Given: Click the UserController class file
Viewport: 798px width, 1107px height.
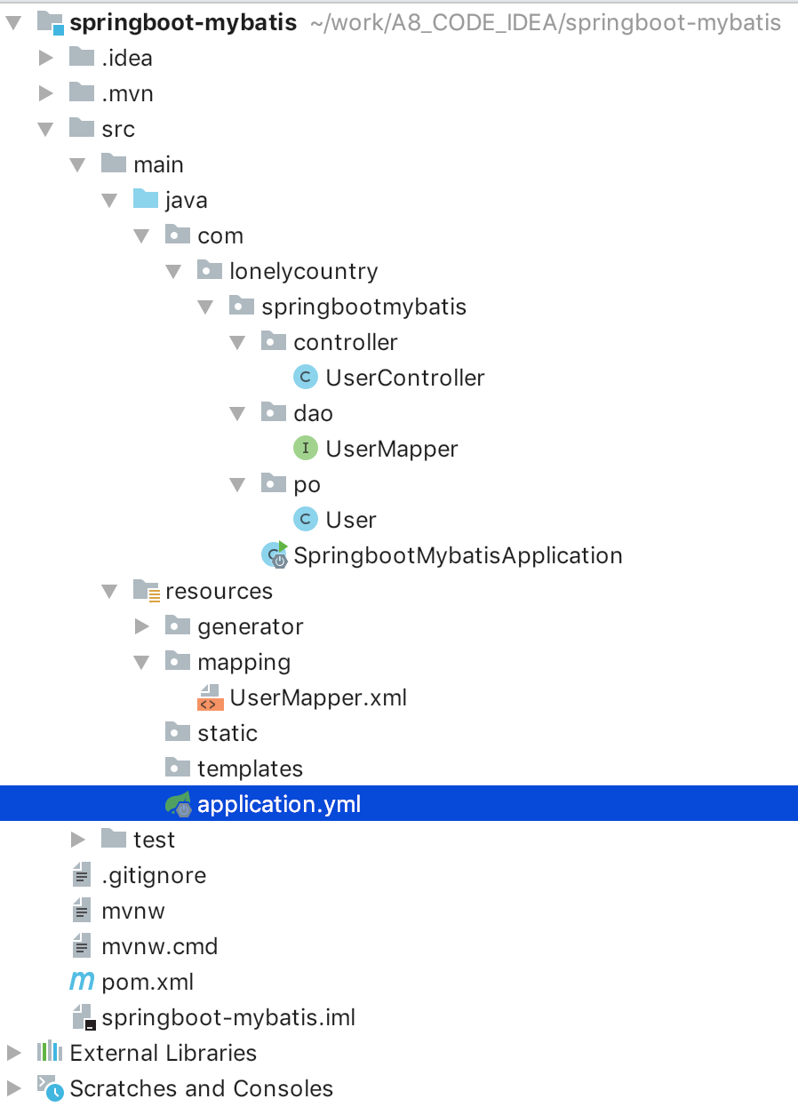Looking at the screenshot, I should tap(404, 378).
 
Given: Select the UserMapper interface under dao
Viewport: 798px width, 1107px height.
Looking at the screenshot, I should tap(391, 449).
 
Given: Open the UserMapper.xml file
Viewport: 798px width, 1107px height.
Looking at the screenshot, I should tap(317, 697).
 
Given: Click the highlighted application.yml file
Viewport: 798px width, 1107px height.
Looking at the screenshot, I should tap(279, 804).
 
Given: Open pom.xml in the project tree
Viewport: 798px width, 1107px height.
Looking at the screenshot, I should tap(148, 982).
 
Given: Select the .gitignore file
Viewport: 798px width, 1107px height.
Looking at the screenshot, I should tap(154, 875).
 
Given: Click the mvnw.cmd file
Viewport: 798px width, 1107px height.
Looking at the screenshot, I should tap(160, 946).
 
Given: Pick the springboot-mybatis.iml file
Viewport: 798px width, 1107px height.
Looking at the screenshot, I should tap(228, 1017).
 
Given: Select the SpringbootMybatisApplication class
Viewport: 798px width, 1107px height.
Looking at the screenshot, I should tap(458, 555).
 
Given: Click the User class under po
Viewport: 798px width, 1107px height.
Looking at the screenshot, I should tap(351, 520).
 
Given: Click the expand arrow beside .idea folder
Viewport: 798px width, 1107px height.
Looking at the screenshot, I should tap(46, 58).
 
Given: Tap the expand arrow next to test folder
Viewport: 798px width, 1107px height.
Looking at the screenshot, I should tap(78, 840).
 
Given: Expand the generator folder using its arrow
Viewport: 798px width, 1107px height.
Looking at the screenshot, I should tap(142, 626).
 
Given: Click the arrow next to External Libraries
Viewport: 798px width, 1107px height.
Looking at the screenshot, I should tap(13, 1053).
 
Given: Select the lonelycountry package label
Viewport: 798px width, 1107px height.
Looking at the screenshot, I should tap(303, 271).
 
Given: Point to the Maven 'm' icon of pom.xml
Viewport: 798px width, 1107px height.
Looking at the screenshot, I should tap(82, 982).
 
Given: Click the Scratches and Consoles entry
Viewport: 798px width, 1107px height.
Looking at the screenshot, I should tap(201, 1088).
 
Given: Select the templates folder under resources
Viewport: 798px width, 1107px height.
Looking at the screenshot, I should tap(250, 769).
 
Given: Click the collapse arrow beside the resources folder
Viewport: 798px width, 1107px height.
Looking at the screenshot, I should tap(110, 591).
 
